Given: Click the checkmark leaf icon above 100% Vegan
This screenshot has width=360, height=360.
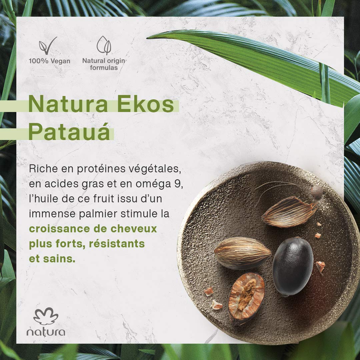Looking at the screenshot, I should [x=45, y=46].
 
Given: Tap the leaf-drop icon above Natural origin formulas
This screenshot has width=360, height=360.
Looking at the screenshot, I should [x=104, y=46].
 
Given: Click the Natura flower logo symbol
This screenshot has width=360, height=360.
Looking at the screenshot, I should [x=46, y=316].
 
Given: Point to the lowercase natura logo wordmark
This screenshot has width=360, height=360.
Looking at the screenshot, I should [x=46, y=332].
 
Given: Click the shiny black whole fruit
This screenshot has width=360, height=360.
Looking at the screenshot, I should [x=293, y=266].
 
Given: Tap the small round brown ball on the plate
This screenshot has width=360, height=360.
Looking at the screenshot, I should [x=316, y=192].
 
